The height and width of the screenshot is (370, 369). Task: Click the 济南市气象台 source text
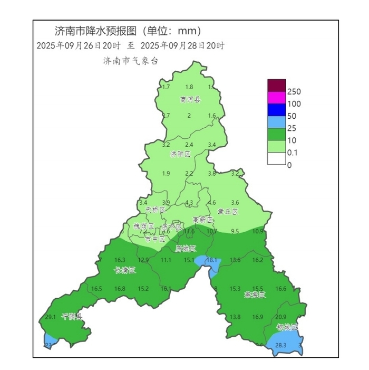[131, 61]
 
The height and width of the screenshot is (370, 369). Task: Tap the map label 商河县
[190, 99]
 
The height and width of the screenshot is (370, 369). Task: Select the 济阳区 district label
[180, 155]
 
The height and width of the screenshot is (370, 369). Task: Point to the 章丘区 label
[228, 212]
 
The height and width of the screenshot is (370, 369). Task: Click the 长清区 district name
[125, 271]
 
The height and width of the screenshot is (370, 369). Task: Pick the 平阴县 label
[72, 317]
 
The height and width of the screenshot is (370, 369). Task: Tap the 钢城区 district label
[287, 328]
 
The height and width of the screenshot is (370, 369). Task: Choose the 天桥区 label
[156, 210]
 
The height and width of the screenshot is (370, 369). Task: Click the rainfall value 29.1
[51, 317]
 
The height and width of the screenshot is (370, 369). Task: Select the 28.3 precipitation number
[280, 346]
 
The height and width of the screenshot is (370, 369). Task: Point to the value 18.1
[211, 260]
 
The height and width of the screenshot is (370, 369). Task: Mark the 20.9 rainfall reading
[280, 317]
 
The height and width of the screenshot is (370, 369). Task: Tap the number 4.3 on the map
[189, 203]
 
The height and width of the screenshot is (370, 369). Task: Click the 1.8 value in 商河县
[189, 87]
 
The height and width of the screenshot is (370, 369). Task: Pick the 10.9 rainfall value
[258, 231]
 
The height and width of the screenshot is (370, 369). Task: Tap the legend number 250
[294, 91]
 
